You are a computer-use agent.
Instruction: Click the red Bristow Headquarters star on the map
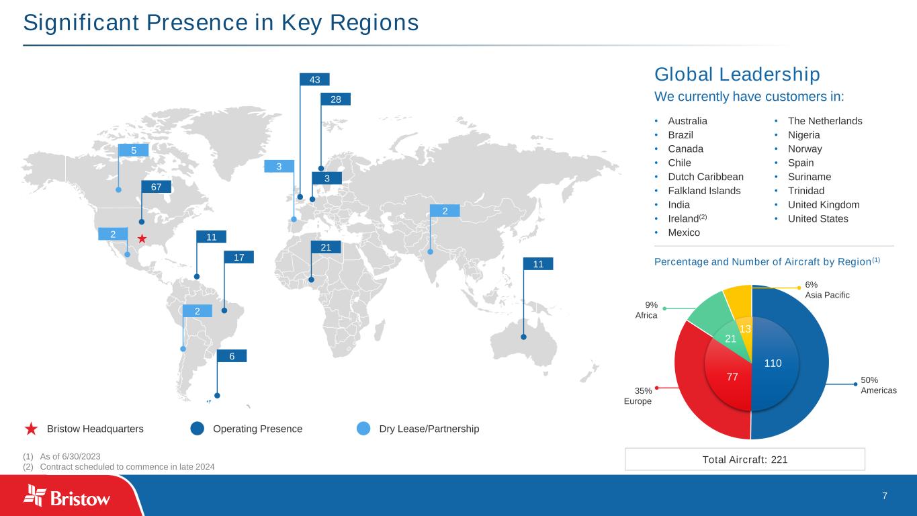pyautogui.click(x=142, y=239)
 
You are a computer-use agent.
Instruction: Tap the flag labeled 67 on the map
pyautogui.click(x=156, y=187)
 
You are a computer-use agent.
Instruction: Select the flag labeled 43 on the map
pyautogui.click(x=314, y=80)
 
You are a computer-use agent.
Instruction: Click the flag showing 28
pyautogui.click(x=335, y=99)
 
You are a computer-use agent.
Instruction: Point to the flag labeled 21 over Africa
pyautogui.click(x=326, y=248)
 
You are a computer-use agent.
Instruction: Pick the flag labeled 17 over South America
pyautogui.click(x=238, y=257)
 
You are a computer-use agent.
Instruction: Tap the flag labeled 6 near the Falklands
pyautogui.click(x=231, y=356)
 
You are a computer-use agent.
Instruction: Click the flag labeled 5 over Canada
pyautogui.click(x=133, y=150)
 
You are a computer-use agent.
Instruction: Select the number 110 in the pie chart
pyautogui.click(x=773, y=363)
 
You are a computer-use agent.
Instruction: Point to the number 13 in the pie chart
pyautogui.click(x=744, y=329)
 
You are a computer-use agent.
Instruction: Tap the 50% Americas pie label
pyautogui.click(x=878, y=384)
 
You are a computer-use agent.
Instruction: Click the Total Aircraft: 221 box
pyautogui.click(x=744, y=460)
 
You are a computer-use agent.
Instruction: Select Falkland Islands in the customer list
pyautogui.click(x=704, y=191)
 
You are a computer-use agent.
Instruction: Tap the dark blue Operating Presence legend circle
pyautogui.click(x=197, y=429)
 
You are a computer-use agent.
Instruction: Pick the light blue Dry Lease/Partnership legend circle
pyautogui.click(x=363, y=429)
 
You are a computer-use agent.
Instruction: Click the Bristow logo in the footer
pyautogui.click(x=67, y=497)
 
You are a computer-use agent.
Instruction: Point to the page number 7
pyautogui.click(x=884, y=496)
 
